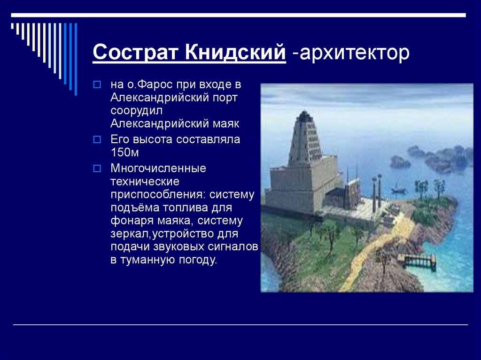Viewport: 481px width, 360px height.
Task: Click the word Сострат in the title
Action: coord(135,52)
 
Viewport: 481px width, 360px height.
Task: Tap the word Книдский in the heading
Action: coord(235,52)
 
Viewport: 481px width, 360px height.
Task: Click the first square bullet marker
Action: coord(97,84)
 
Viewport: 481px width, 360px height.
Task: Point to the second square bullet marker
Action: coord(97,140)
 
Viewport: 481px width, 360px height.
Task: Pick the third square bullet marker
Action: coord(97,169)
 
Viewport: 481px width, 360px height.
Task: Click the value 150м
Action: coord(124,153)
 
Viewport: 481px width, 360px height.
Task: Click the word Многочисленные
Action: coord(158,169)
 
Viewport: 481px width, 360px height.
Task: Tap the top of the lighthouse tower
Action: coord(304,112)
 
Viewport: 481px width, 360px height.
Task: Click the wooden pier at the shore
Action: coord(417,260)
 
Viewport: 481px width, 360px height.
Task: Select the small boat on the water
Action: coord(398,190)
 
